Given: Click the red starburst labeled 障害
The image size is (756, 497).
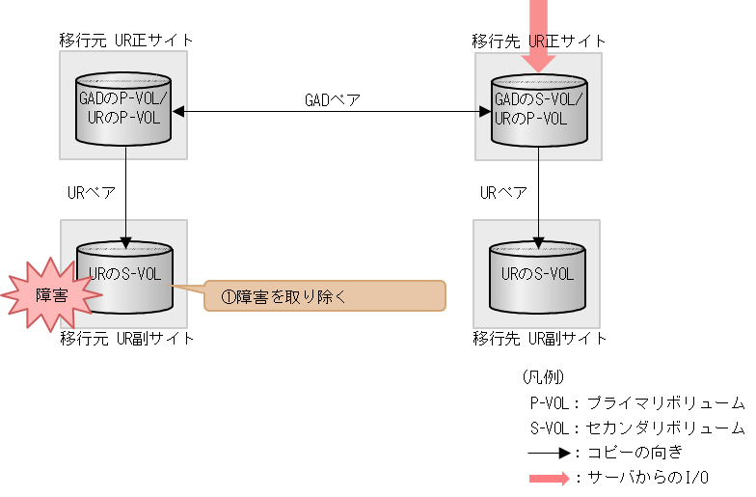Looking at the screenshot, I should coord(51,295).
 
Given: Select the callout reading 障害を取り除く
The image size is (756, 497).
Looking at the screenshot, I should coord(325,296).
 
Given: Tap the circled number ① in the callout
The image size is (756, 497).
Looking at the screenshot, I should coord(229,297).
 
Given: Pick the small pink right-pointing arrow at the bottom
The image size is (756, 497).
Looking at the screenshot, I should coord(549,479).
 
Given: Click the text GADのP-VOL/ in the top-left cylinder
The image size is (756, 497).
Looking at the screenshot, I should coord(123,98).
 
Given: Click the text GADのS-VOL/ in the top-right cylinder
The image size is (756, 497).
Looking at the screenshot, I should coord(538,99).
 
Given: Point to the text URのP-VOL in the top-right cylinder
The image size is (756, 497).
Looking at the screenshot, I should coord(529,119).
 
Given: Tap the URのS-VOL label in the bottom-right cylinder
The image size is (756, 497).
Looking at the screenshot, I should coord(537,274).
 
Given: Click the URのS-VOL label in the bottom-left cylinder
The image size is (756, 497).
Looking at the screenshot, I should coord(125,274).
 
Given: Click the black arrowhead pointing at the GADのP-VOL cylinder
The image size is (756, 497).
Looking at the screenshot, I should coord(178,112).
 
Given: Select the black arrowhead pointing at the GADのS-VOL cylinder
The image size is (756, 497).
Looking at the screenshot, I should coord(485,112).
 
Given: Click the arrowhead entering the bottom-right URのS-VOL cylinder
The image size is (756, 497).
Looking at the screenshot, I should coord(539,242).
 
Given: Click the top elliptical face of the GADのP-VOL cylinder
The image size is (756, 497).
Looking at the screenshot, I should coord(123,81).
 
